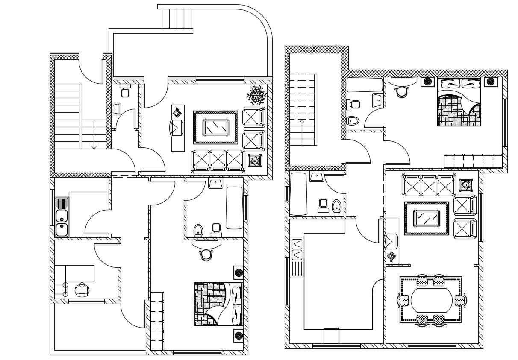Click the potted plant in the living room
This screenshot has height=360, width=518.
[x=257, y=95]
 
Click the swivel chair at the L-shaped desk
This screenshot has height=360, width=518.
[x=82, y=290]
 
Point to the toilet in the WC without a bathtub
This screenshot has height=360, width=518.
[x=125, y=92]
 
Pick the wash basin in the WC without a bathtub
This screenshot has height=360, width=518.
[x=116, y=108]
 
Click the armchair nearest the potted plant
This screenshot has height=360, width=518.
[x=254, y=117]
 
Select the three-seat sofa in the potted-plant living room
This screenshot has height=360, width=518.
[x=217, y=160]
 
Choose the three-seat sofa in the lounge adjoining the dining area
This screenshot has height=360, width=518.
[x=428, y=184]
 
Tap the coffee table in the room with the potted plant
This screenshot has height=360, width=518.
[x=215, y=127]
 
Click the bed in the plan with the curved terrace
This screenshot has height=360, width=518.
[x=218, y=304]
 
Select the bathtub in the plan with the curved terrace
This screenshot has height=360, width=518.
[x=234, y=208]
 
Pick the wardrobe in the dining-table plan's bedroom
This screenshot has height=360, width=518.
[x=473, y=161]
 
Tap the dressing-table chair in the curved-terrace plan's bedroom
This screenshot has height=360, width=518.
[x=206, y=255]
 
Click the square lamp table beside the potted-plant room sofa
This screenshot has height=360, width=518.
[x=255, y=161]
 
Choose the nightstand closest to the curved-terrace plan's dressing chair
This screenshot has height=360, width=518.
[x=238, y=272]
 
